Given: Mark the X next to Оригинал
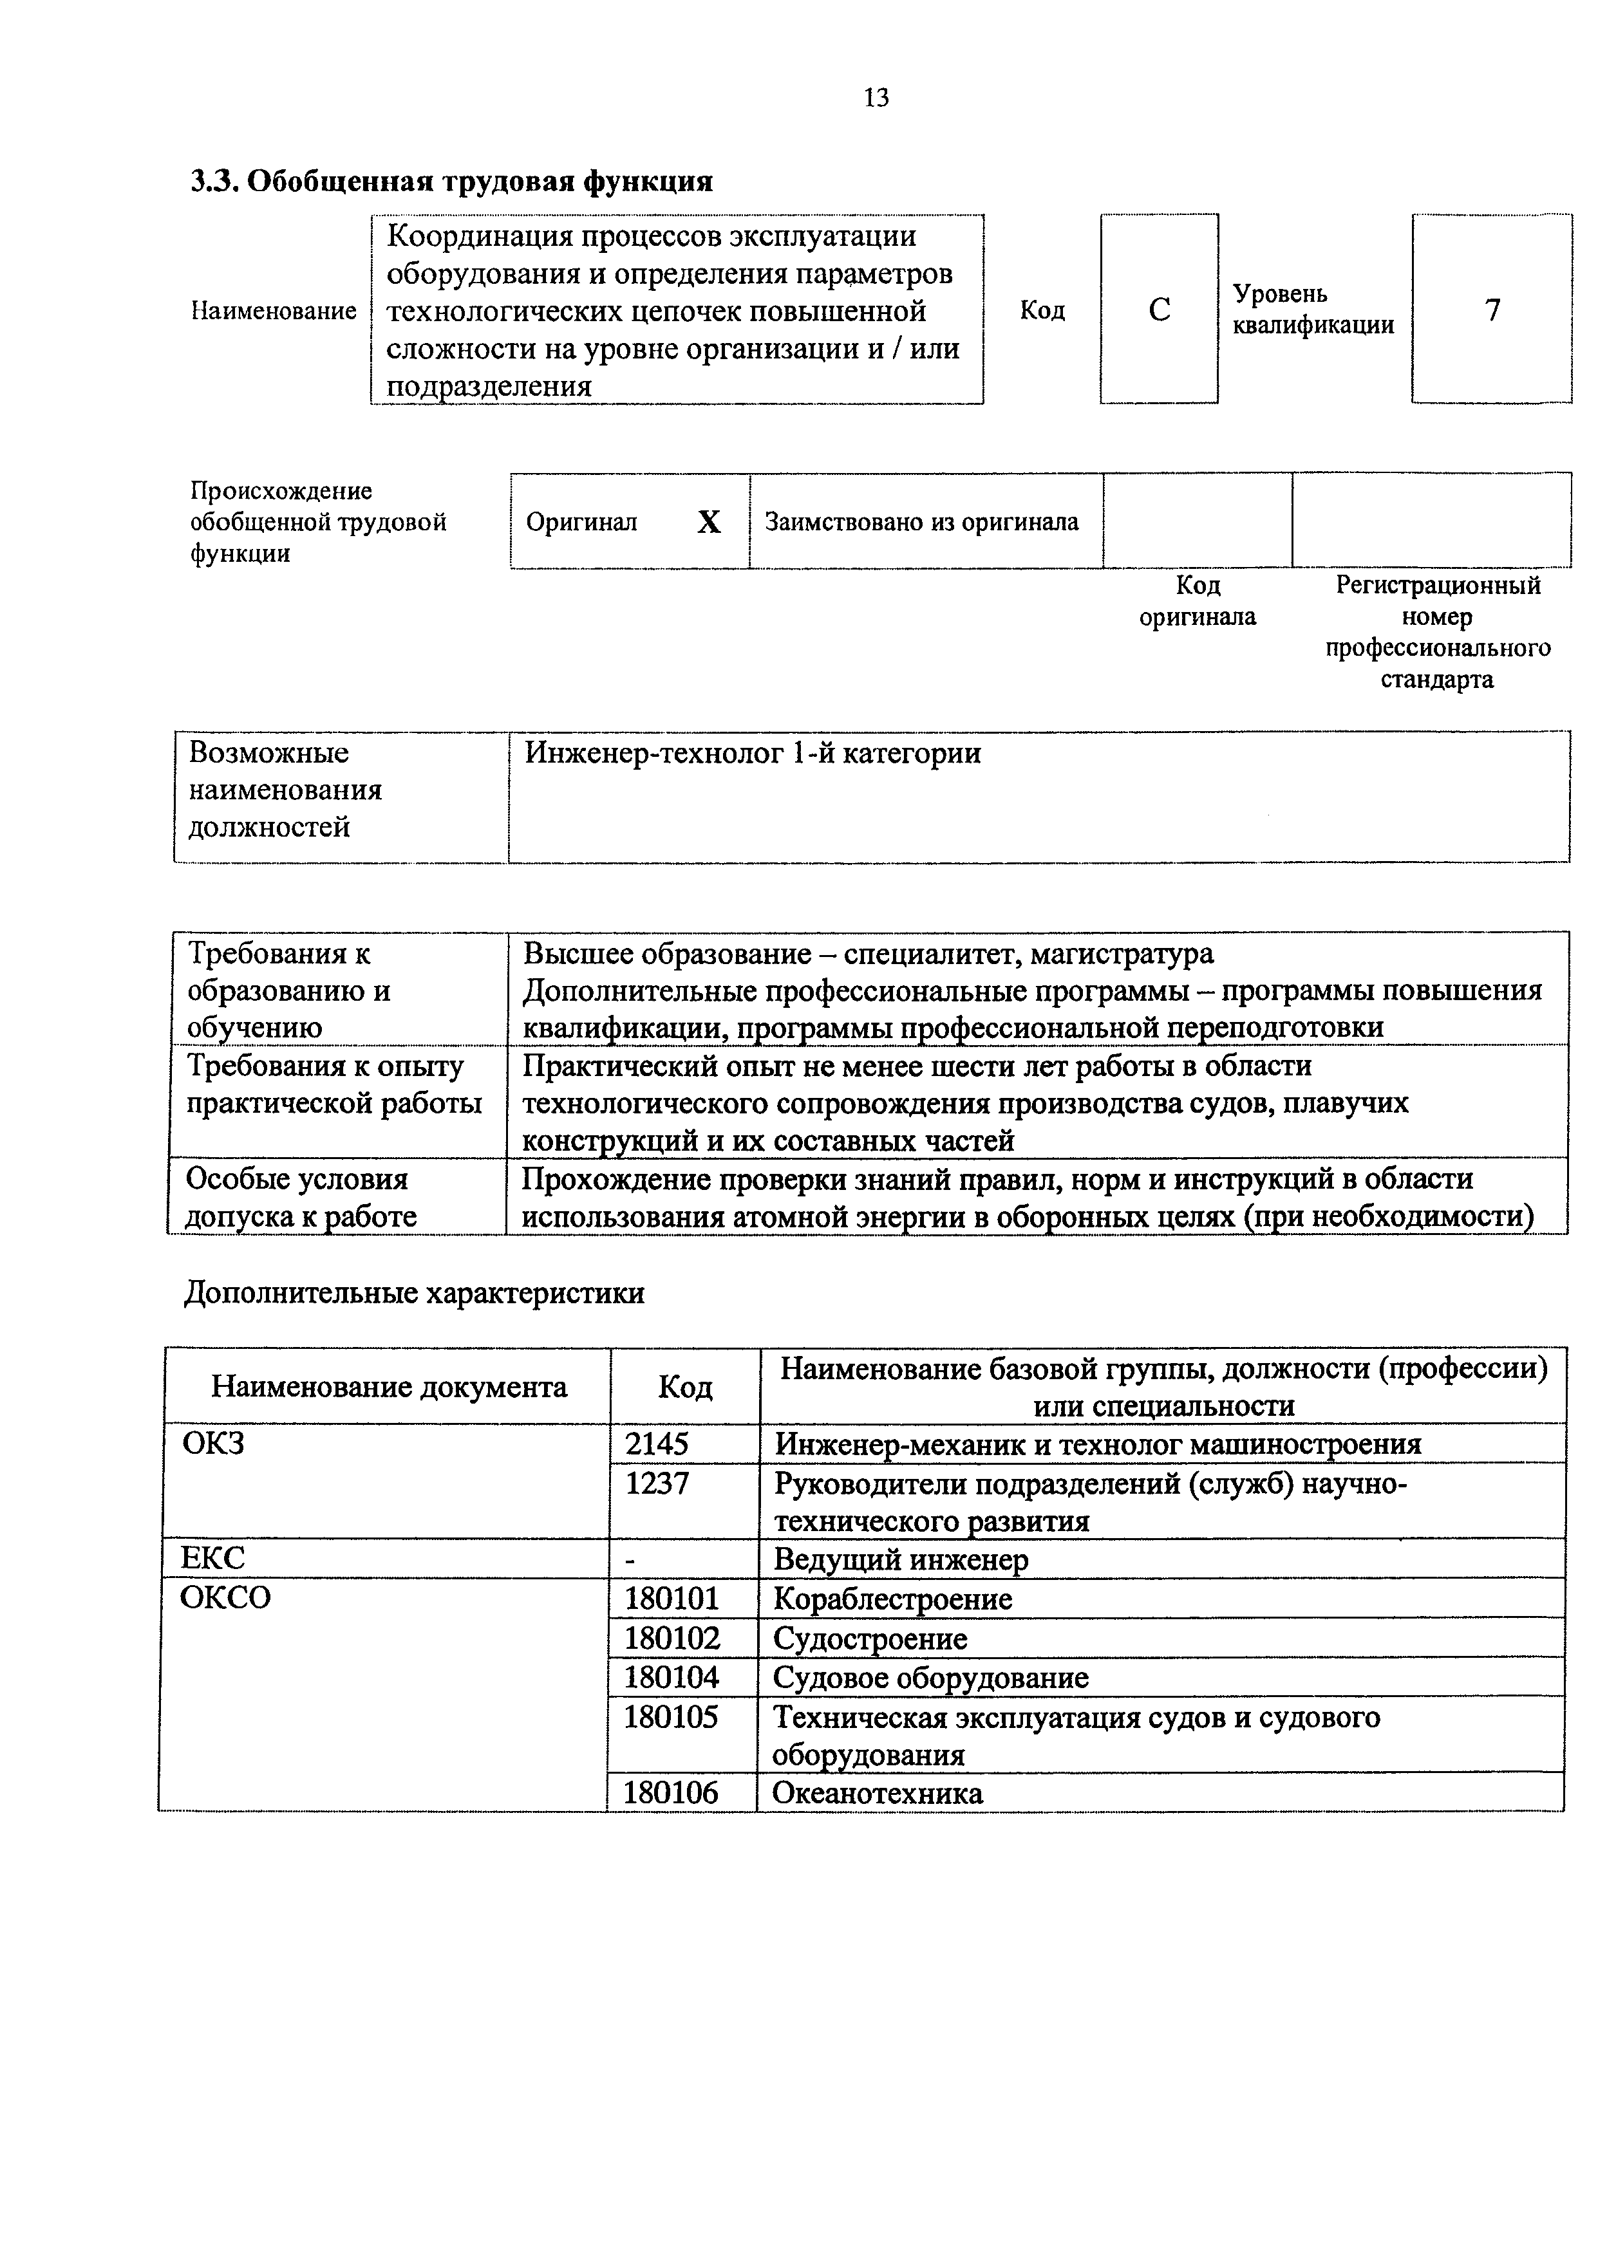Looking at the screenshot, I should coord(708,522).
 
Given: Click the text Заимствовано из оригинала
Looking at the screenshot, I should coord(921,522).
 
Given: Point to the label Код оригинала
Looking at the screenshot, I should coord(1198,601).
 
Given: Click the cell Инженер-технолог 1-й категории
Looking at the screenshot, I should coord(752,754).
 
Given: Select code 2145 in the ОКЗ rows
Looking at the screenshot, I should coord(657,1445).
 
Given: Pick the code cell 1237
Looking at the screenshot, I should coord(657,1483).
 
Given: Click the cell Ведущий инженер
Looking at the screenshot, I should coord(901,1560).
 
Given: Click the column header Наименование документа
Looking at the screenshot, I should coord(389,1387).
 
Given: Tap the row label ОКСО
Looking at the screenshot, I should coord(225,1598).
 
